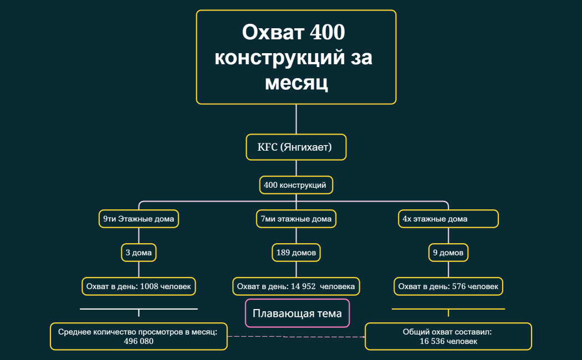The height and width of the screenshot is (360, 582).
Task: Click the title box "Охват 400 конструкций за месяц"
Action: pyautogui.click(x=296, y=57)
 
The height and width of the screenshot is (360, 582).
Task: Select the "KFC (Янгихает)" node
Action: pyautogui.click(x=296, y=147)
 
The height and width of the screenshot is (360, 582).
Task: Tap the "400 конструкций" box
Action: pyautogui.click(x=296, y=185)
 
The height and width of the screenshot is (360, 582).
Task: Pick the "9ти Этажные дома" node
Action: pyautogui.click(x=139, y=219)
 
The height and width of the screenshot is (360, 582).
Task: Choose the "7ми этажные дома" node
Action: pyautogui.click(x=296, y=219)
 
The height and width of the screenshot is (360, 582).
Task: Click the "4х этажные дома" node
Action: pyautogui.click(x=448, y=219)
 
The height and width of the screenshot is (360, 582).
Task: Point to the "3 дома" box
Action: pyautogui.click(x=139, y=253)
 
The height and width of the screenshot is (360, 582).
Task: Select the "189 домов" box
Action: pyautogui.click(x=296, y=253)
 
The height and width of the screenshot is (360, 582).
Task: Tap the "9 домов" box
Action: pyautogui.click(x=448, y=253)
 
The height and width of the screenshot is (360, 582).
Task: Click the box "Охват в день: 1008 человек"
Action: pyautogui.click(x=139, y=286)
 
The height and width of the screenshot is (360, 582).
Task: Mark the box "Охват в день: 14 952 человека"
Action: pyautogui.click(x=296, y=286)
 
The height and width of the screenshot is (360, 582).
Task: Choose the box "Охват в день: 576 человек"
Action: pyautogui.click(x=448, y=286)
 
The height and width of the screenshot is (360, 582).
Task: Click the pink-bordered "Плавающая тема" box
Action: pyautogui.click(x=297, y=313)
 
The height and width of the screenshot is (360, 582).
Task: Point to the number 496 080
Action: pyautogui.click(x=139, y=342)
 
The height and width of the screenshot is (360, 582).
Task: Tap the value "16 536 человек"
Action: pyautogui.click(x=448, y=342)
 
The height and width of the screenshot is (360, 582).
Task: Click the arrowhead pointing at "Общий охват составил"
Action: pyautogui.click(x=363, y=336)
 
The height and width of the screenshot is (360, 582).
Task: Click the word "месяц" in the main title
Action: pyautogui.click(x=296, y=83)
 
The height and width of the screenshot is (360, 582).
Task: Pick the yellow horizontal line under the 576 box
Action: pyautogui.click(x=448, y=308)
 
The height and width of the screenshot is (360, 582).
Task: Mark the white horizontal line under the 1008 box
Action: pyautogui.click(x=139, y=308)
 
